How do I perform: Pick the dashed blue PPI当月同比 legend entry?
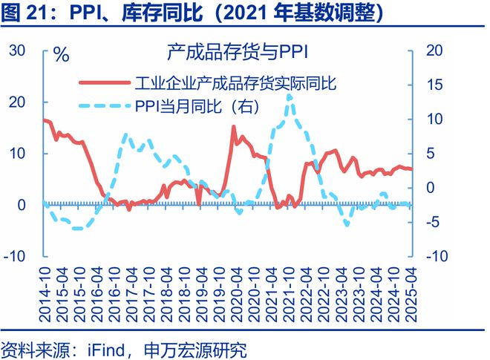pos(197,107)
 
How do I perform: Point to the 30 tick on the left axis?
pos(17,50)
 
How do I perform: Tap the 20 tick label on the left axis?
pos(17,102)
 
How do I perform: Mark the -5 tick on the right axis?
pos(435,221)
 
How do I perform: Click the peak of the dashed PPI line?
pos(288,95)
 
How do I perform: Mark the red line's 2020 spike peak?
pos(234,128)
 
